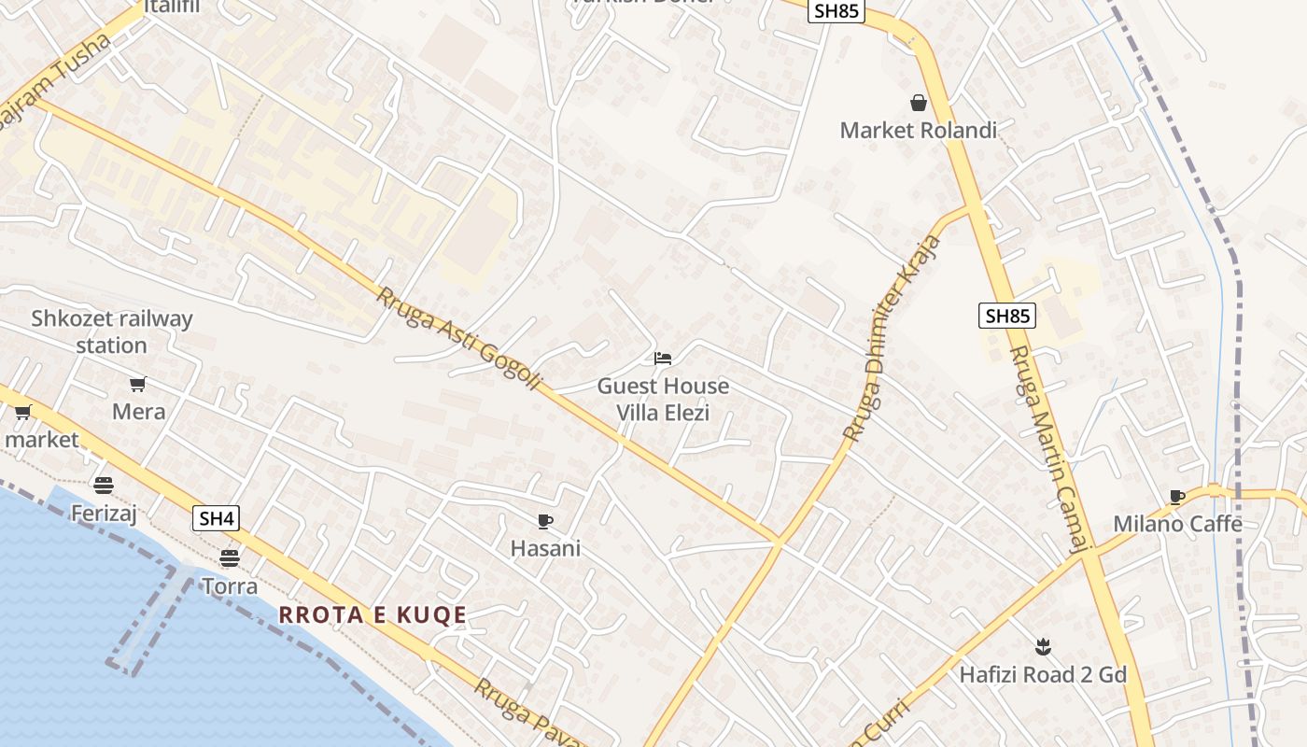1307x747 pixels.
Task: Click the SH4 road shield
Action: (x=216, y=518)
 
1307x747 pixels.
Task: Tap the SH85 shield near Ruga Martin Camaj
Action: (x=1007, y=316)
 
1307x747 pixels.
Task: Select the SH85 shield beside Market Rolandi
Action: (x=837, y=11)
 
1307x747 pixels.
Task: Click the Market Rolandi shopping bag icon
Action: (x=919, y=102)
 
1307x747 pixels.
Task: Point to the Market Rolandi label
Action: (x=919, y=130)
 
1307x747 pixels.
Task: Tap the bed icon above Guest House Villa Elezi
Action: (x=663, y=358)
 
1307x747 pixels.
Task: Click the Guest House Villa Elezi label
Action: (x=663, y=399)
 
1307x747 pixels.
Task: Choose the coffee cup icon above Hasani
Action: (x=545, y=521)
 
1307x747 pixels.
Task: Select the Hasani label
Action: (x=545, y=548)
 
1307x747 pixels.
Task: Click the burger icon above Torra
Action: (x=230, y=558)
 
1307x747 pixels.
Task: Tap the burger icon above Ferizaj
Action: (x=104, y=485)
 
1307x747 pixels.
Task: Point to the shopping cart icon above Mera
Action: (x=138, y=384)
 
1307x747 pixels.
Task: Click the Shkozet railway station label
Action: (x=112, y=331)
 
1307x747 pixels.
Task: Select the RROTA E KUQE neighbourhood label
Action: (x=372, y=615)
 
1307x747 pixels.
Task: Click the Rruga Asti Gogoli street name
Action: (x=459, y=339)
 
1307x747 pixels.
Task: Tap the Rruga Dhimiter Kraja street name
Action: (x=892, y=339)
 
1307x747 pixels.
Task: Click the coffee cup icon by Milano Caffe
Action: (x=1176, y=497)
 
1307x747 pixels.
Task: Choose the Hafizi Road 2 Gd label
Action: (x=1043, y=674)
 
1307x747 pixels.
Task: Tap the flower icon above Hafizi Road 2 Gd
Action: (x=1043, y=646)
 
